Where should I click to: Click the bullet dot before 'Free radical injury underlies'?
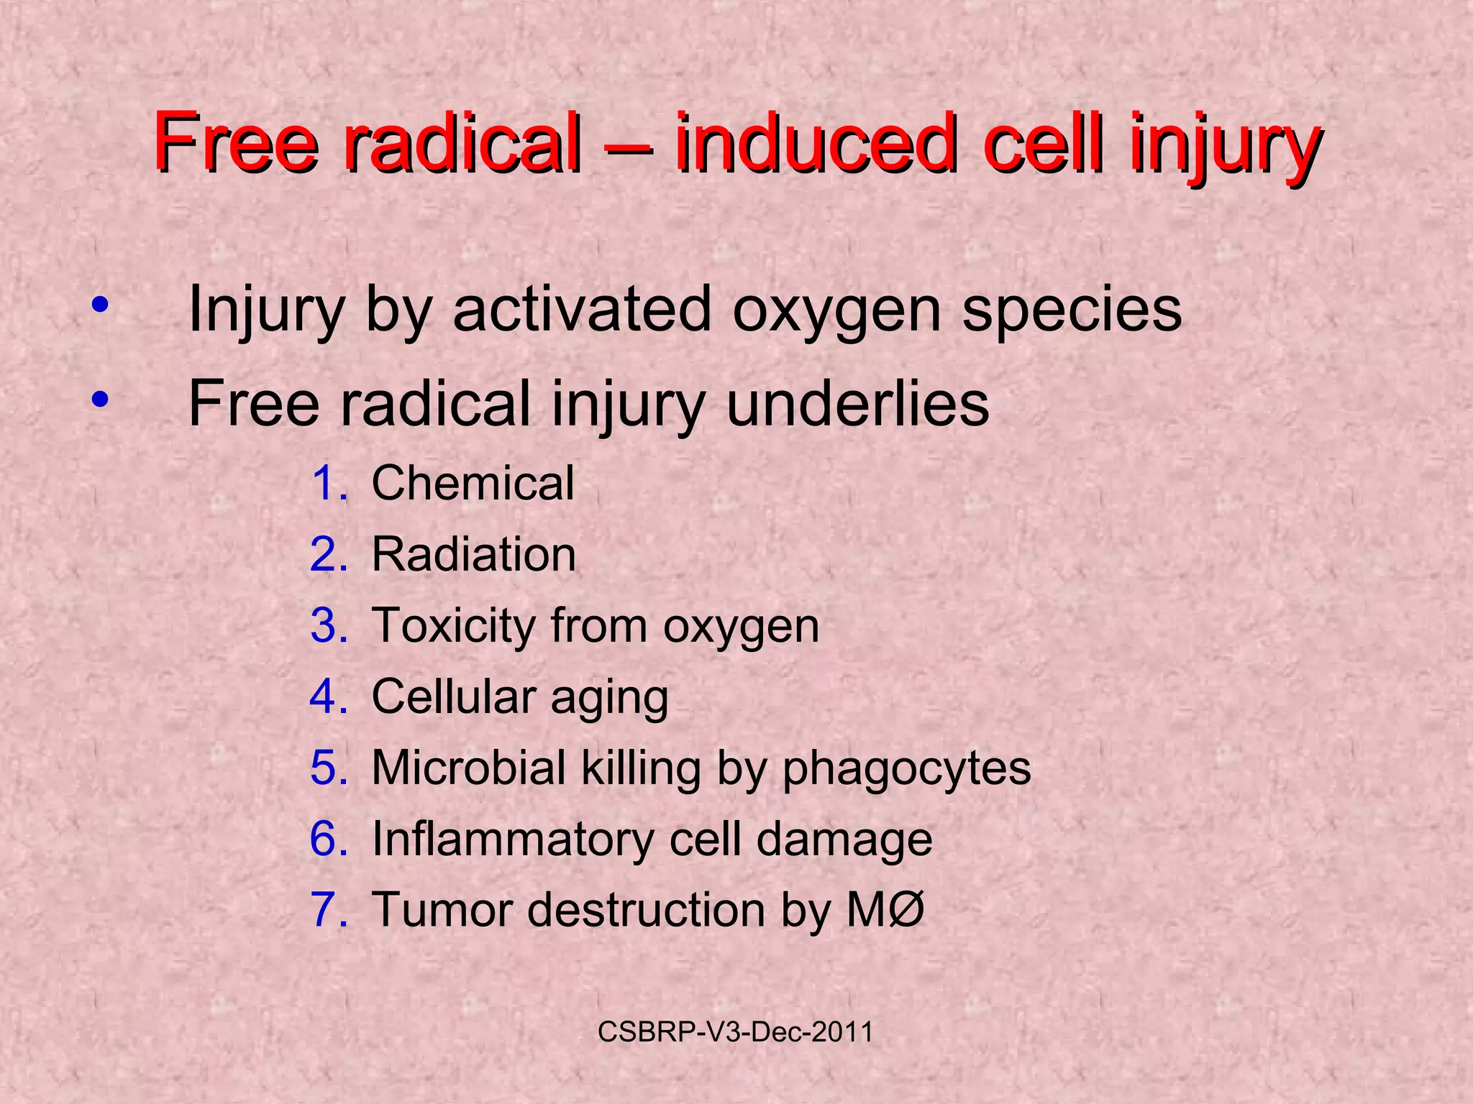(100, 400)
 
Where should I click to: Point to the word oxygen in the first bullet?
(836, 310)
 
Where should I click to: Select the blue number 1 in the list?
(329, 483)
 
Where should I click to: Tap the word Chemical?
(473, 482)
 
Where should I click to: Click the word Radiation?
(474, 555)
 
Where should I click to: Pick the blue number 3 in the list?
(329, 625)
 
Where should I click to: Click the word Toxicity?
(451, 626)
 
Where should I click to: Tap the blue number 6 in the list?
(329, 839)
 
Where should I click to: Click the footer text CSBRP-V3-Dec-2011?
(735, 1032)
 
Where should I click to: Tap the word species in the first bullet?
(1072, 310)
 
